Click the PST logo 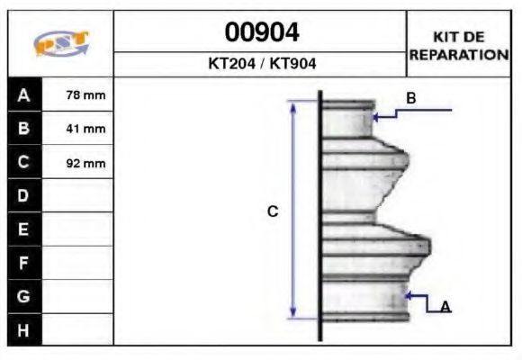pos(61,43)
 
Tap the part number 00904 pos(262,32)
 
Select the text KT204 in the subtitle pos(232,63)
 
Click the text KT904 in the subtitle pos(292,63)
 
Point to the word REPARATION pos(459,55)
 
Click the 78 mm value pos(85,95)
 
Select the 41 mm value pos(85,129)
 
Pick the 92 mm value pos(85,163)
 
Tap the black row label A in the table pos(24,94)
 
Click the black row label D pos(24,195)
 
